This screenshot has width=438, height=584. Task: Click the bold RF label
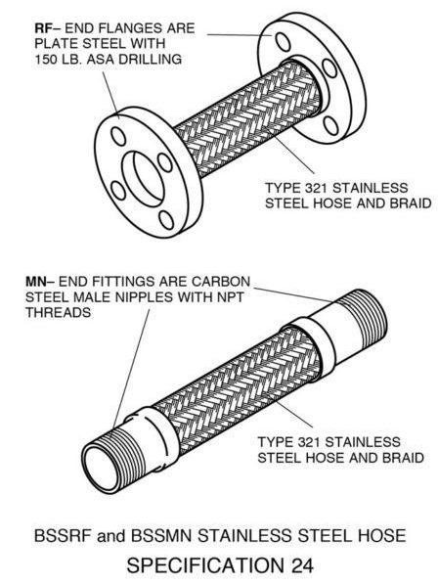coord(42,28)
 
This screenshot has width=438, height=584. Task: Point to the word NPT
coord(232,297)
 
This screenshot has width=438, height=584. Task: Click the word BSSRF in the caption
coord(63,536)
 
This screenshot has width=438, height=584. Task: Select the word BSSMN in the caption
coord(160,536)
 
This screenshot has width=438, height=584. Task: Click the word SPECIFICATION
coord(205,565)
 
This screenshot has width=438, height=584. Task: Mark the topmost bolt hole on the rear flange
coord(284,41)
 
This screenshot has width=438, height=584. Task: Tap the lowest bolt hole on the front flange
coord(166,220)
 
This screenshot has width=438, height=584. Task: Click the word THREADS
coord(59,312)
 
